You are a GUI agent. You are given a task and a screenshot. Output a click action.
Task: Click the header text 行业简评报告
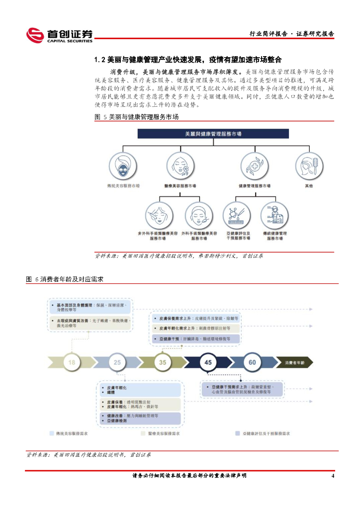(268, 34)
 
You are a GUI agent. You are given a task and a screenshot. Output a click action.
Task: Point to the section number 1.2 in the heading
(99, 60)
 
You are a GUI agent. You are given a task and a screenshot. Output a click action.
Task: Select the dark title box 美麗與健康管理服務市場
(213, 134)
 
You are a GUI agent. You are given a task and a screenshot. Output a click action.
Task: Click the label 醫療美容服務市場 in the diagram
(180, 186)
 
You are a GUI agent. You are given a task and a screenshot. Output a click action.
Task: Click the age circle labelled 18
(72, 362)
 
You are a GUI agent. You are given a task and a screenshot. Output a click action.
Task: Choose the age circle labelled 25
(117, 362)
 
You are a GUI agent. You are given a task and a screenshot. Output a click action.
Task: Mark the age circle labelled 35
(163, 362)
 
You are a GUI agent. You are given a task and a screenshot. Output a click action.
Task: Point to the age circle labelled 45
(208, 362)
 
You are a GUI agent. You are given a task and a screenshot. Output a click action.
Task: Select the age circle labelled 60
(253, 362)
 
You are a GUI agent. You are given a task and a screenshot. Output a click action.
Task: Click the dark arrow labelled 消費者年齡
(294, 363)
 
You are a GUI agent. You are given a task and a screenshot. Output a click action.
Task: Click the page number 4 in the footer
(333, 476)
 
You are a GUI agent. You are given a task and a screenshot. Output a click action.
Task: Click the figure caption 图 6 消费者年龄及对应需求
(65, 279)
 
